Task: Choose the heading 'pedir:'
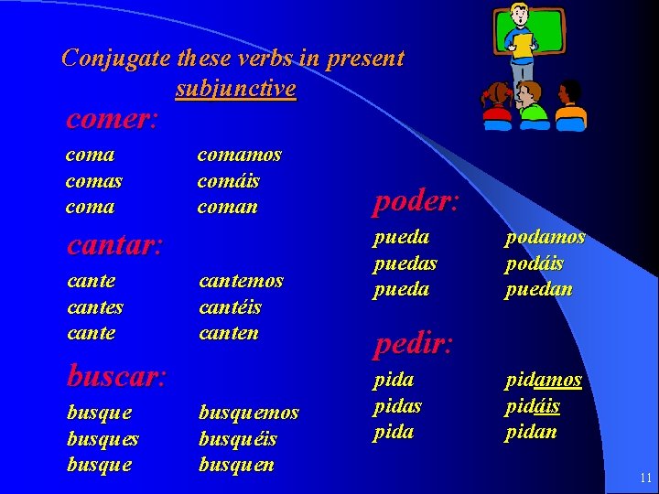(413, 344)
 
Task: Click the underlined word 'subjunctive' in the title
(235, 89)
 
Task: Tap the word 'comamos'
(240, 155)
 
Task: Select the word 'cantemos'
(242, 281)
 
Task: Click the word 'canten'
(229, 332)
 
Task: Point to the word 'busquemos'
(249, 413)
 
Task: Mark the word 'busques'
(103, 438)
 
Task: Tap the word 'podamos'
(545, 238)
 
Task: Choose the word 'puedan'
(537, 289)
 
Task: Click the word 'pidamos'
(543, 380)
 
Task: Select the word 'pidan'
(531, 431)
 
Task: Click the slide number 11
(645, 478)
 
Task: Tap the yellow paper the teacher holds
(523, 45)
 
